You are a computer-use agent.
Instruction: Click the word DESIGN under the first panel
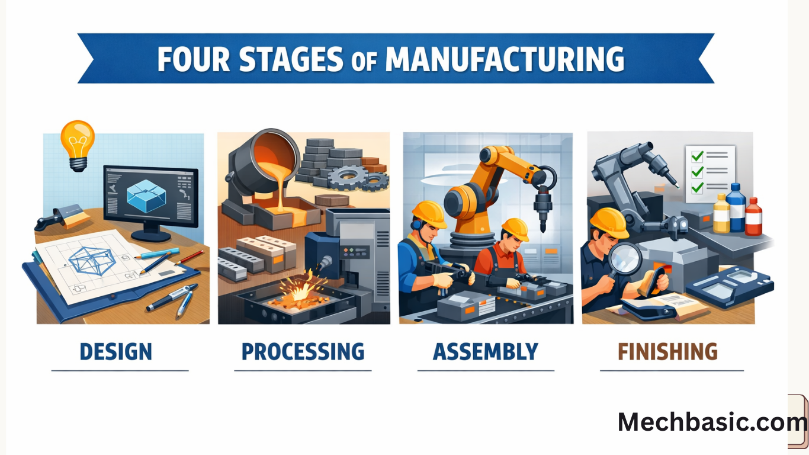tap(115, 351)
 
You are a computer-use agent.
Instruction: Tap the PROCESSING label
tap(303, 351)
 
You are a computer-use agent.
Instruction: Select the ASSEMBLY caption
tap(486, 351)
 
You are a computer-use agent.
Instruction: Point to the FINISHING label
tap(667, 351)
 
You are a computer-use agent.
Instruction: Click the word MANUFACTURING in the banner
tap(504, 59)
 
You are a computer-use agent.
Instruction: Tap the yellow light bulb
tap(78, 142)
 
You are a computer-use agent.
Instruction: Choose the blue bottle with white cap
tap(736, 209)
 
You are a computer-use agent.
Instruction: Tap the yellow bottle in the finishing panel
tap(721, 214)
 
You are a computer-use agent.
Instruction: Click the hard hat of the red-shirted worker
tap(515, 229)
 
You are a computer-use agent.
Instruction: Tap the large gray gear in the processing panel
tap(345, 176)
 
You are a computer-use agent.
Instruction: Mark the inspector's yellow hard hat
tap(609, 222)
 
